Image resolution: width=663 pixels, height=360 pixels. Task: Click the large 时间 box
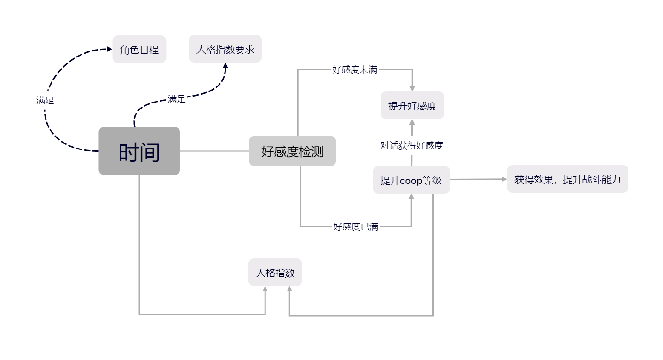click(x=139, y=151)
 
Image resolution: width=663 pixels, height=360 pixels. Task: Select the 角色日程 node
click(x=139, y=49)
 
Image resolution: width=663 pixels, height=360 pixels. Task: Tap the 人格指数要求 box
click(x=225, y=49)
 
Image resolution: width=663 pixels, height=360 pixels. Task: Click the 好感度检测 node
click(x=293, y=151)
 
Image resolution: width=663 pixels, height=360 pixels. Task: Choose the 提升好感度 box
click(x=412, y=105)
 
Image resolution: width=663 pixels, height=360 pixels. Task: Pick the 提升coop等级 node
click(x=411, y=180)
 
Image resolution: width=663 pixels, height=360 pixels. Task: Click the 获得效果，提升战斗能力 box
click(x=567, y=179)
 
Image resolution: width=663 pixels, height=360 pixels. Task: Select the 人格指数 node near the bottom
click(x=275, y=272)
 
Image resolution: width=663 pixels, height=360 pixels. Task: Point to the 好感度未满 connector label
click(x=355, y=69)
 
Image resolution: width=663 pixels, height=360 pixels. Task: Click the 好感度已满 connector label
click(x=356, y=227)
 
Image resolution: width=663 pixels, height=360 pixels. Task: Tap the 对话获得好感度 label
click(x=411, y=145)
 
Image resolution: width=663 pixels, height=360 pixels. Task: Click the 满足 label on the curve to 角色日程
click(x=45, y=100)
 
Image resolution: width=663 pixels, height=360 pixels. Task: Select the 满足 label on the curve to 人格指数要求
click(x=176, y=99)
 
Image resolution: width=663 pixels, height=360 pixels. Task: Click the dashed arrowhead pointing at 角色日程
click(x=110, y=49)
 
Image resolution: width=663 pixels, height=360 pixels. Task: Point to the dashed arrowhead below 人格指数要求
click(x=225, y=66)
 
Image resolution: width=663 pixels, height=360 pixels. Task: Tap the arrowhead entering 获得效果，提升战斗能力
click(x=504, y=179)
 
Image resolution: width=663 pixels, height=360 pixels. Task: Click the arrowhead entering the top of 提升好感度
click(x=412, y=89)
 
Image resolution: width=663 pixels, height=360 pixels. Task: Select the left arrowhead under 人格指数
click(x=265, y=289)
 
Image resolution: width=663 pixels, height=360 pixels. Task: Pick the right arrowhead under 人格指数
click(x=289, y=289)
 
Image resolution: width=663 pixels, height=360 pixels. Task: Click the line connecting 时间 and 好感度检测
click(x=214, y=151)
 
